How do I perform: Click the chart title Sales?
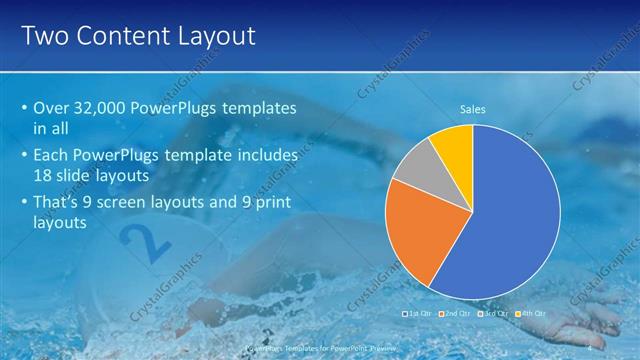pyautogui.click(x=473, y=109)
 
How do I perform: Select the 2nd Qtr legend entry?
pyautogui.click(x=456, y=313)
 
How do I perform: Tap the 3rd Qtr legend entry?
pyautogui.click(x=495, y=313)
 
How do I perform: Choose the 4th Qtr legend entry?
pyautogui.click(x=532, y=313)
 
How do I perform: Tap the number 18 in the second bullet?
pyautogui.click(x=45, y=175)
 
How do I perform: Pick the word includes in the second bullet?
pyautogui.click(x=265, y=155)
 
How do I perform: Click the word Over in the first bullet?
pyautogui.click(x=51, y=107)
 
